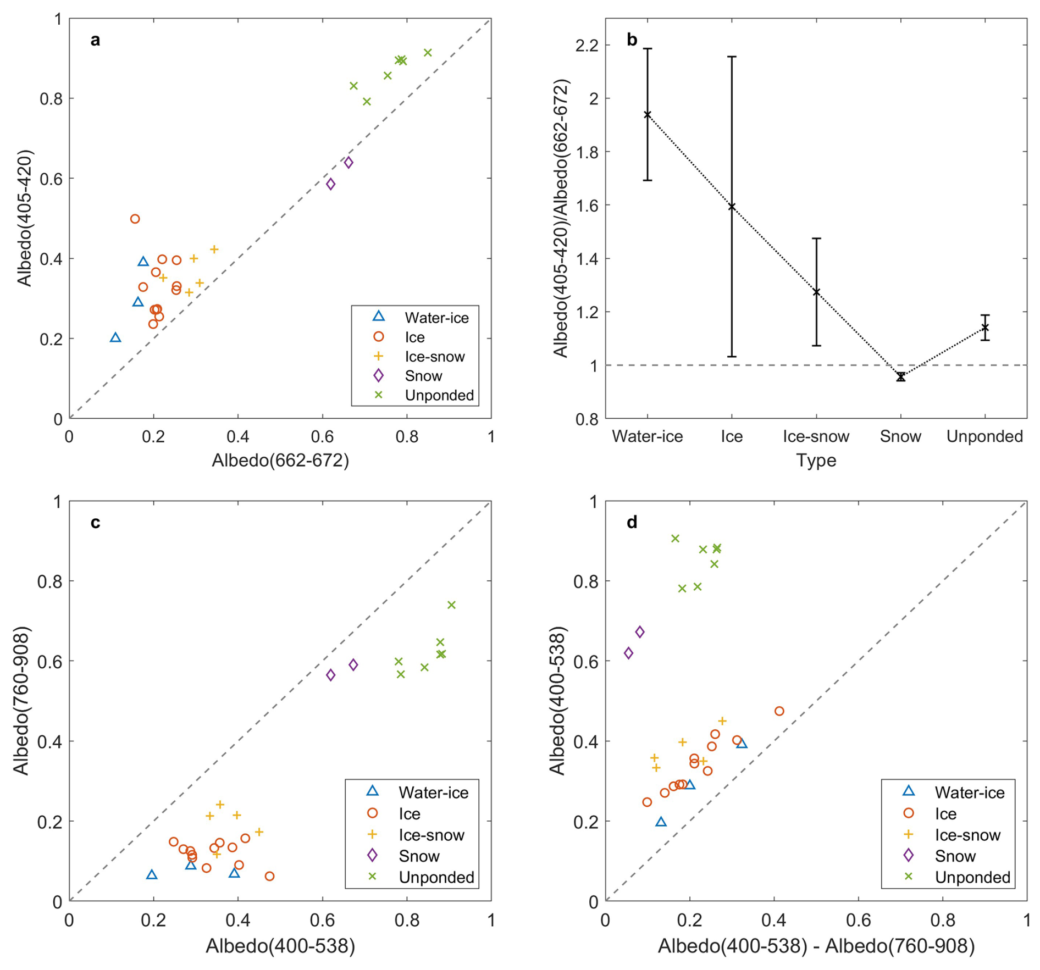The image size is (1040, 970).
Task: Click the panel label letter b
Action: tap(632, 40)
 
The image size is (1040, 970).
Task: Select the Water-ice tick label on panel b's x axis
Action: tap(647, 436)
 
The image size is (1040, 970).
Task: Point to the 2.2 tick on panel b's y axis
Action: tap(585, 45)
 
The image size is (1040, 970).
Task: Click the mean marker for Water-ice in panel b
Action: tap(648, 115)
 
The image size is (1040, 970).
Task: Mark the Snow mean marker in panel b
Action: tap(900, 376)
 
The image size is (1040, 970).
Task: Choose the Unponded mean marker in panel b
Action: tap(984, 328)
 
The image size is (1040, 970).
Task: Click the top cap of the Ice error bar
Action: tap(732, 57)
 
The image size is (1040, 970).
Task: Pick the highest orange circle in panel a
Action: tap(135, 219)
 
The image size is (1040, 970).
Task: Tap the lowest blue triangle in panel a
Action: tap(115, 337)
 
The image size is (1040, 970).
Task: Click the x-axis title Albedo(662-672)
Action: tap(280, 460)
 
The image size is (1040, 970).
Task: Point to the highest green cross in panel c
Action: tap(451, 605)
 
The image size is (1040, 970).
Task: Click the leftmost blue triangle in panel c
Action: tap(152, 874)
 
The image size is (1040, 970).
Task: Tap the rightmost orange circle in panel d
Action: tap(779, 711)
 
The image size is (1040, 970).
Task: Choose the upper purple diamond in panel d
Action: tap(639, 632)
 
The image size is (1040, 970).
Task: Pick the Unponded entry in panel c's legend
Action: tap(436, 877)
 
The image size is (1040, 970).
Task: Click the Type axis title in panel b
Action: tap(816, 460)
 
